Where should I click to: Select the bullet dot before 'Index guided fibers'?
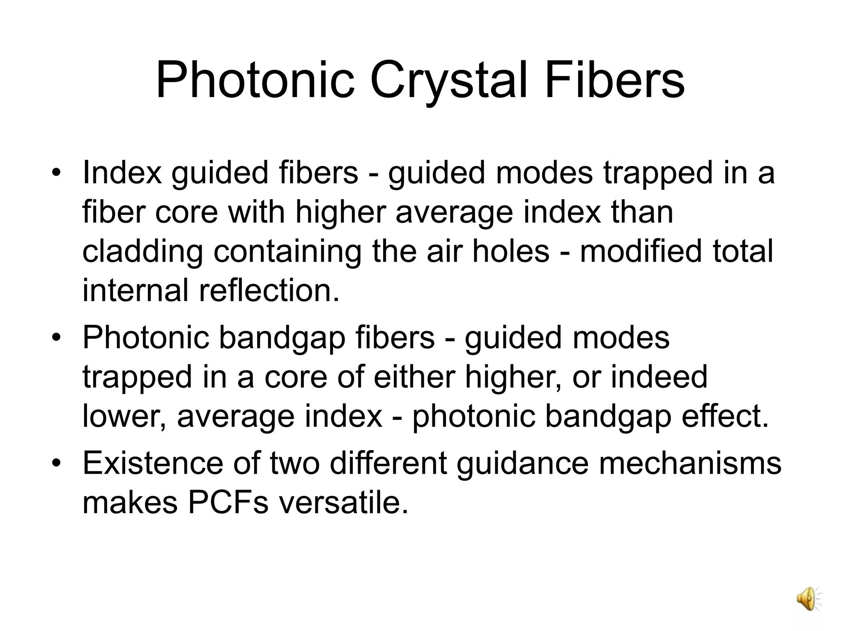pos(56,173)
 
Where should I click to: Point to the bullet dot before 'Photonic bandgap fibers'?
pos(56,338)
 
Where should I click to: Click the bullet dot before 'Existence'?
pos(56,463)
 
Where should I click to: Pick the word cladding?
pos(142,252)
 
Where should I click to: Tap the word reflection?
pos(269,290)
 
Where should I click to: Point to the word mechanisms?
pos(689,463)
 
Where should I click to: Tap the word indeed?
pos(659,377)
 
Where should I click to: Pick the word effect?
pos(724,416)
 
